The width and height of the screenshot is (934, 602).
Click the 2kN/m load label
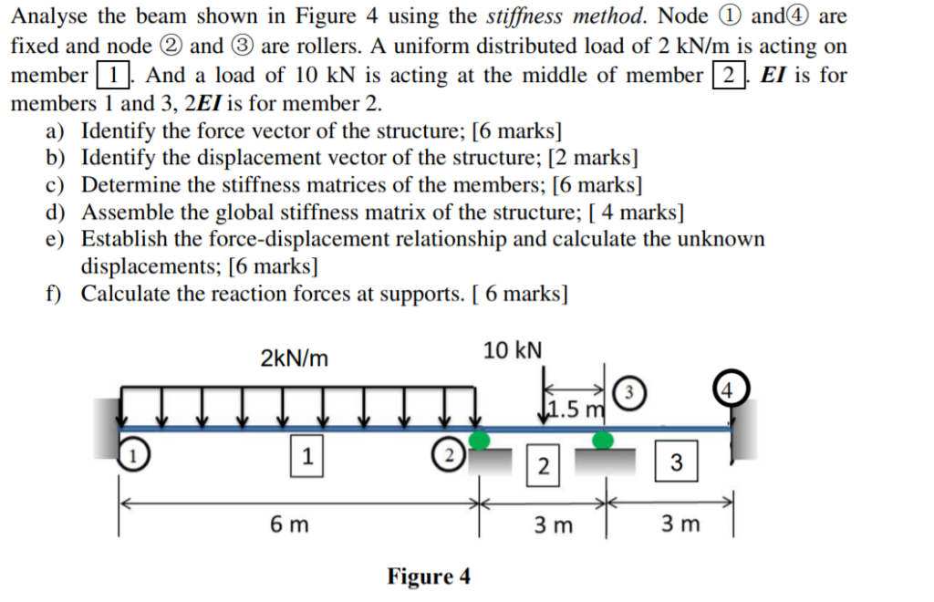point(294,358)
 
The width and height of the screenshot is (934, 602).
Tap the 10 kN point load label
point(513,350)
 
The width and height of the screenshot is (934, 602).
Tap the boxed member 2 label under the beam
point(544,468)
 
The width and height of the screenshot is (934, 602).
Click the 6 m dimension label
point(288,524)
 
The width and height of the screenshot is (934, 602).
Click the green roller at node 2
point(480,440)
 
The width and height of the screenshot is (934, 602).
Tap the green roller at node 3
point(602,441)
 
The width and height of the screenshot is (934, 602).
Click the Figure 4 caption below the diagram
point(429,576)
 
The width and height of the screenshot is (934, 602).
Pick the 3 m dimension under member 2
point(554,524)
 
